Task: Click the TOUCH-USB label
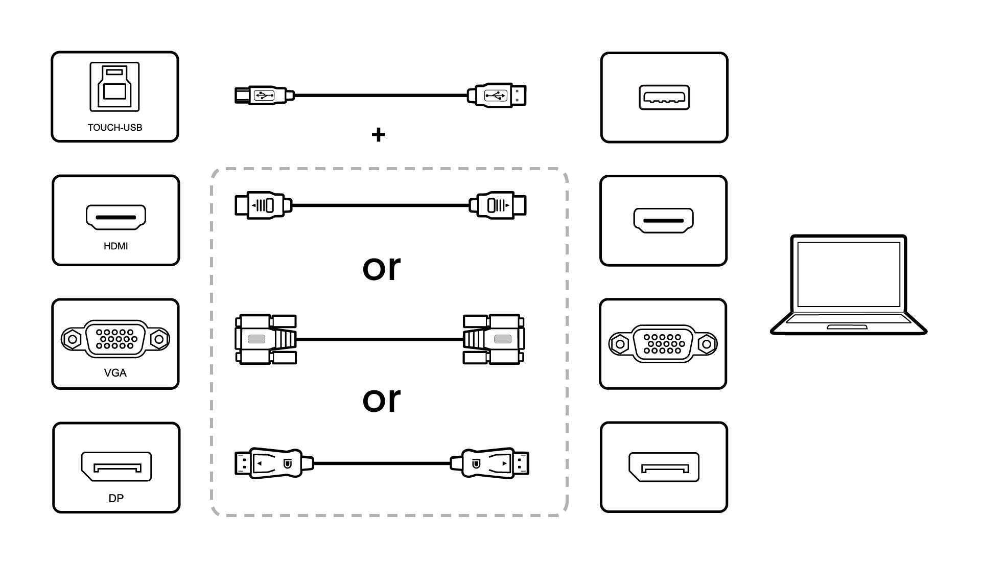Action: point(114,127)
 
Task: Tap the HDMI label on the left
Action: point(115,246)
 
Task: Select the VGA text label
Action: point(115,372)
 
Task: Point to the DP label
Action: point(116,498)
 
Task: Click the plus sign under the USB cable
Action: point(378,135)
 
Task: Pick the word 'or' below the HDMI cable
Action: point(381,268)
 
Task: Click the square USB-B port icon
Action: point(114,86)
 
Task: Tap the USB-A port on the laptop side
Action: point(664,97)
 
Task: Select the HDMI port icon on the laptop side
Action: point(663,221)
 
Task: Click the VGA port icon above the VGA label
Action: point(115,338)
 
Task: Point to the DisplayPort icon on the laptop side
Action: point(663,467)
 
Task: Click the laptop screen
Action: point(848,274)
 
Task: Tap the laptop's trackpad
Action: point(847,326)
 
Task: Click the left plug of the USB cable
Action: point(264,96)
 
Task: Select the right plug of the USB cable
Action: point(497,96)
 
